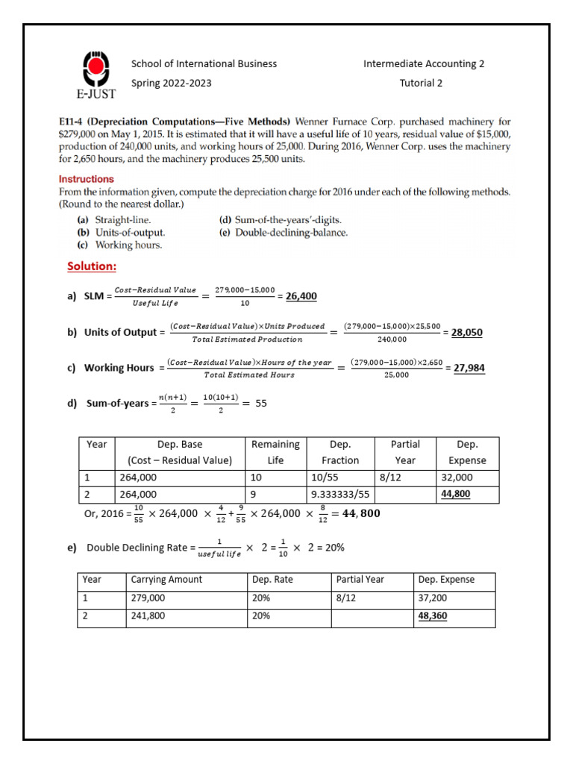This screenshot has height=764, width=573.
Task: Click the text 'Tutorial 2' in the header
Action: tap(421, 83)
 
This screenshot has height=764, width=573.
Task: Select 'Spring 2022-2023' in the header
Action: tap(171, 83)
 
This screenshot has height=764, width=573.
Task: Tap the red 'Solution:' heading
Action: tap(92, 266)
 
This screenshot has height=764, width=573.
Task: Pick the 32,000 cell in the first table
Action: tap(457, 477)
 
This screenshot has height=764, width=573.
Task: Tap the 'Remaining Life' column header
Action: tap(275, 452)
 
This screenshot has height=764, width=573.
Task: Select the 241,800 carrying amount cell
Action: tap(148, 616)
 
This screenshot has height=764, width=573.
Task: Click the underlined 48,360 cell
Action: tap(433, 616)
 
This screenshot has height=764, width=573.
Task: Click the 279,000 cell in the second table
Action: tap(148, 598)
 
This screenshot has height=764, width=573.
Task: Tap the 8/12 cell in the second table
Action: tap(347, 598)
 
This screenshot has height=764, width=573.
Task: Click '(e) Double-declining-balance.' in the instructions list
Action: tap(283, 232)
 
